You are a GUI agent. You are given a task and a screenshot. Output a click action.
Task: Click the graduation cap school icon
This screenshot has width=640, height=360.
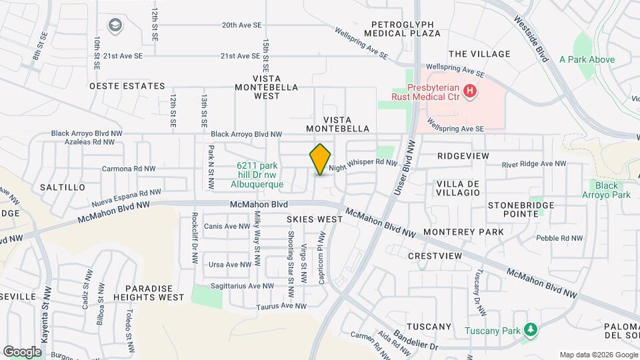(116, 25)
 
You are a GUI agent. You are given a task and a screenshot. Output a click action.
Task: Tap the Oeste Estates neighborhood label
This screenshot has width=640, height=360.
(127, 86)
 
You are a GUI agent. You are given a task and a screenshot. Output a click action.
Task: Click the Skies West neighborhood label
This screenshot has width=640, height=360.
(309, 219)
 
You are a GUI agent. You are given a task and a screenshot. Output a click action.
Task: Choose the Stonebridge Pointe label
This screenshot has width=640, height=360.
(523, 209)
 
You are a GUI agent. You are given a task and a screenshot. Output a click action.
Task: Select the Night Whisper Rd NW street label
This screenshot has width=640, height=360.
(363, 162)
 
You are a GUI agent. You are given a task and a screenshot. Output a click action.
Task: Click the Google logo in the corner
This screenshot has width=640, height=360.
(22, 351)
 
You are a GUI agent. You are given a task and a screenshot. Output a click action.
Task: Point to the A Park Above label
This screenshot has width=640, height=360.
(587, 59)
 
